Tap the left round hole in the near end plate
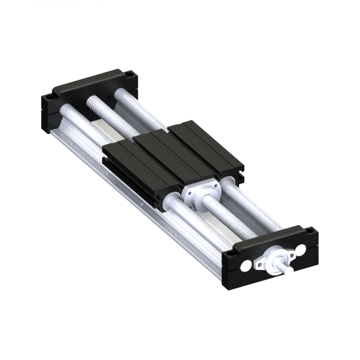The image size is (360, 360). (x=247, y=264)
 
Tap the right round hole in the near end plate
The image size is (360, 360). (x=300, y=249)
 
